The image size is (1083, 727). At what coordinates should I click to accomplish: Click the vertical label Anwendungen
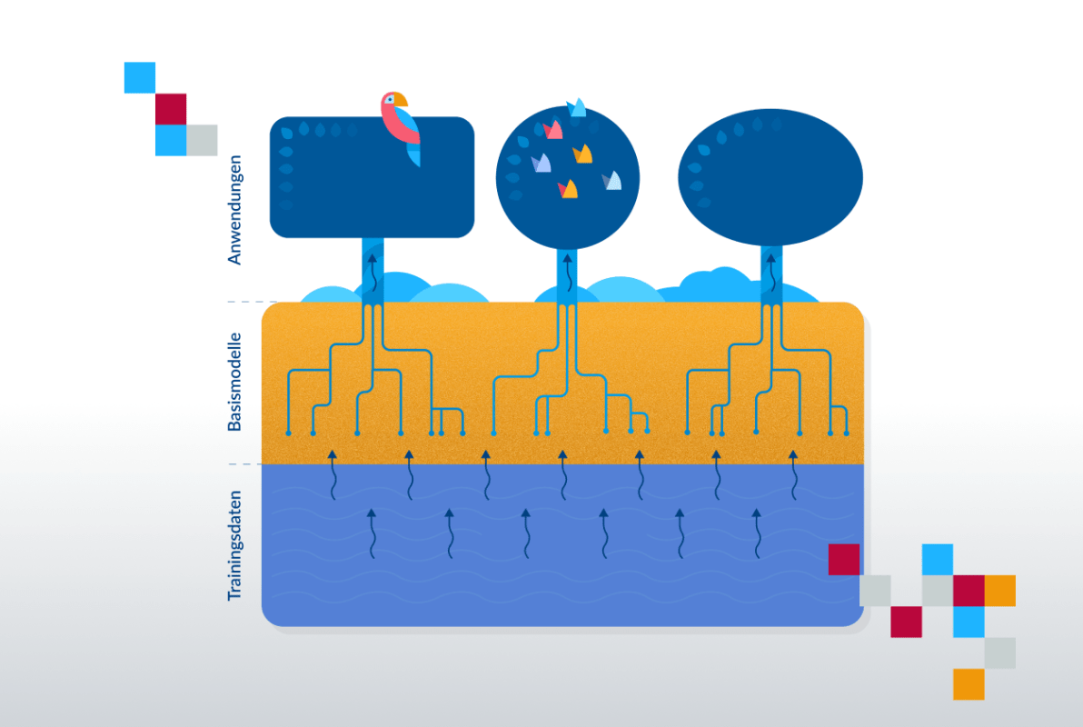click(x=234, y=209)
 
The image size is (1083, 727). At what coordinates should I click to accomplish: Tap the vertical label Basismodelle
click(x=234, y=383)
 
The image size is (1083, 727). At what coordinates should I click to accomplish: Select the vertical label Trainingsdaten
click(x=234, y=545)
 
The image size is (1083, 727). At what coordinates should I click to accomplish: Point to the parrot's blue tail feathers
click(x=413, y=155)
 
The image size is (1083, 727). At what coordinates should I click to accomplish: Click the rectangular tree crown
click(x=372, y=177)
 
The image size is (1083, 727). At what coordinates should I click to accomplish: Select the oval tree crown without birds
click(x=770, y=177)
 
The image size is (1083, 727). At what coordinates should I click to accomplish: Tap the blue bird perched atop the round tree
click(x=577, y=108)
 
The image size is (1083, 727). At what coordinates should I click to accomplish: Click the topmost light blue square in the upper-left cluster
click(x=140, y=77)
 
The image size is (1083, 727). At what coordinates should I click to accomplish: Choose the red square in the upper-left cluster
click(x=171, y=108)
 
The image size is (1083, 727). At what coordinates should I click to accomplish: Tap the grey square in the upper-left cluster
click(x=202, y=140)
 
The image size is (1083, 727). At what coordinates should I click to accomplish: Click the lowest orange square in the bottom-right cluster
click(x=969, y=684)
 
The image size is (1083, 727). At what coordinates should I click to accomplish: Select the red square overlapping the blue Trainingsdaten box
click(x=844, y=559)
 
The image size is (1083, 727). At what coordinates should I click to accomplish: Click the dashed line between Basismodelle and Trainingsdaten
click(x=244, y=464)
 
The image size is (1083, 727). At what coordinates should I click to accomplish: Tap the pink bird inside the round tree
click(x=552, y=129)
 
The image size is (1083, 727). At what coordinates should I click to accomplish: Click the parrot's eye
click(x=390, y=100)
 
